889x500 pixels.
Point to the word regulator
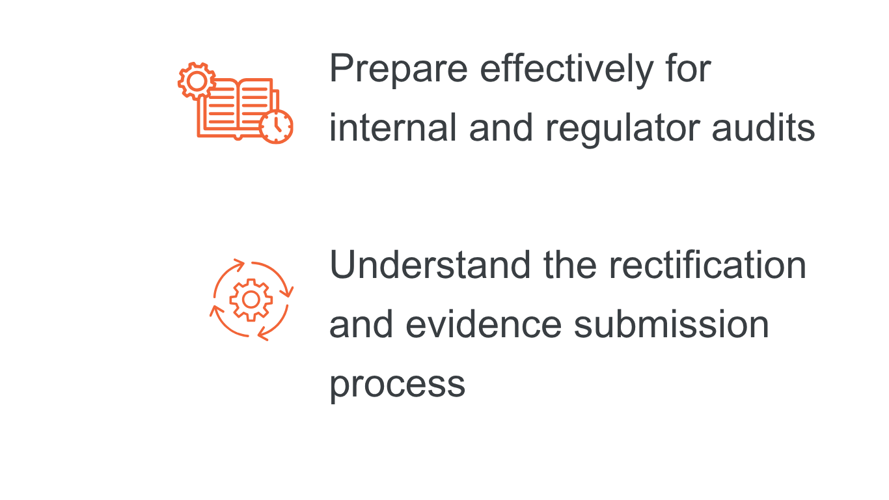[623, 128]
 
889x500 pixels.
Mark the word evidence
[483, 324]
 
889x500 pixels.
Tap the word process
[397, 384]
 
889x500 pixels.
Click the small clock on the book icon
[277, 126]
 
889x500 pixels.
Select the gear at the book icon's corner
[196, 80]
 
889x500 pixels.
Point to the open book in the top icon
[238, 107]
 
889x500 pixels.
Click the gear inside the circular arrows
[251, 299]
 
